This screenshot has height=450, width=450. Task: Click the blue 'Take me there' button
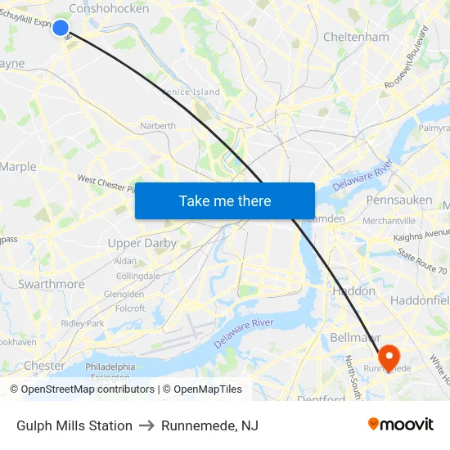[225, 200]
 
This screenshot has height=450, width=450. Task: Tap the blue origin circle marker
[60, 27]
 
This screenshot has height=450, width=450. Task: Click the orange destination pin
[388, 354]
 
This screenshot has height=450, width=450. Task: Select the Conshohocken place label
[110, 8]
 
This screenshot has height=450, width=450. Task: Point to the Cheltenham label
[356, 37]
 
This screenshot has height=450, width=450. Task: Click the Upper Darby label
[142, 243]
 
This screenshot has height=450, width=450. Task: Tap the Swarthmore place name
[51, 284]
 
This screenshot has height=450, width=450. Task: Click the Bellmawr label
[352, 337]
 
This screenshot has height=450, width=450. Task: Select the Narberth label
[158, 126]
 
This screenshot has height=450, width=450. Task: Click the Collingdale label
[137, 277]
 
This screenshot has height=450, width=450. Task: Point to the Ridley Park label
[83, 323]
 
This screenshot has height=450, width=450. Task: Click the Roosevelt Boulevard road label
[407, 57]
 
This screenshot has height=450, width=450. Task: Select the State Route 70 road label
[422, 262]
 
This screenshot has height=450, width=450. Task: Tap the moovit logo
[400, 424]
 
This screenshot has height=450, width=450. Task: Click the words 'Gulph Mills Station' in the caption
[74, 425]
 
